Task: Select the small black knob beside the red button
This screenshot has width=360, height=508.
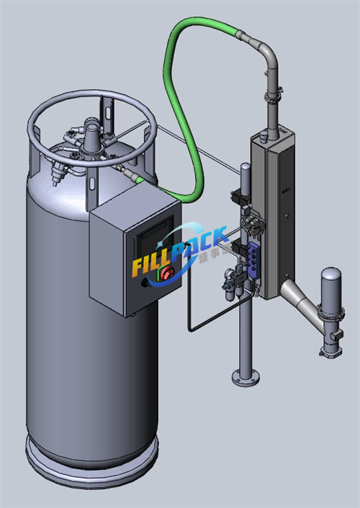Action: pos(149,283)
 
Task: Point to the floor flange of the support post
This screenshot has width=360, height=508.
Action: pos(246,376)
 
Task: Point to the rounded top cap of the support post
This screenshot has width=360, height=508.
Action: pos(245,168)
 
